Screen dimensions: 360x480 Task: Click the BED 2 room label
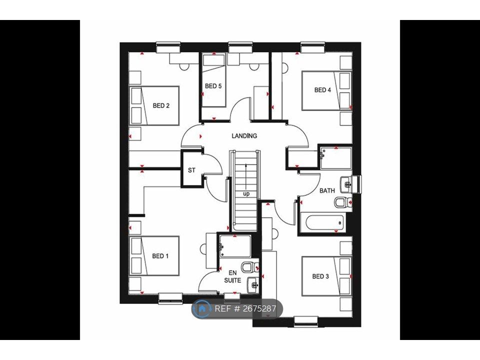point(161,105)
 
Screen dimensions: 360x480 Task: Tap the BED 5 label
point(213,86)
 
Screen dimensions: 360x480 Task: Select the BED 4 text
point(322,90)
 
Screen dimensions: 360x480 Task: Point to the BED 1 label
point(160,256)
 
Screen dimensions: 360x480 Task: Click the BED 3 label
point(320,276)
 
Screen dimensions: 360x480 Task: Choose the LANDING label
point(244,135)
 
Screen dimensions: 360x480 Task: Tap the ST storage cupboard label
point(191,170)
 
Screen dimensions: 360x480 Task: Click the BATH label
point(327,190)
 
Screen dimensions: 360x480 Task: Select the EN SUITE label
point(232,276)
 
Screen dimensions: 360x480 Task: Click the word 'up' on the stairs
point(246,193)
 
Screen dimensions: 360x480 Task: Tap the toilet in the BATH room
point(341,202)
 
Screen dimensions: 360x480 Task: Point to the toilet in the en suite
point(248,266)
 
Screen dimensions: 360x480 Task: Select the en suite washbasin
point(254,284)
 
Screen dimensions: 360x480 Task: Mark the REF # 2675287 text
point(245,308)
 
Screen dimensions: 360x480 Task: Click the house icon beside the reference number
point(202,308)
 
